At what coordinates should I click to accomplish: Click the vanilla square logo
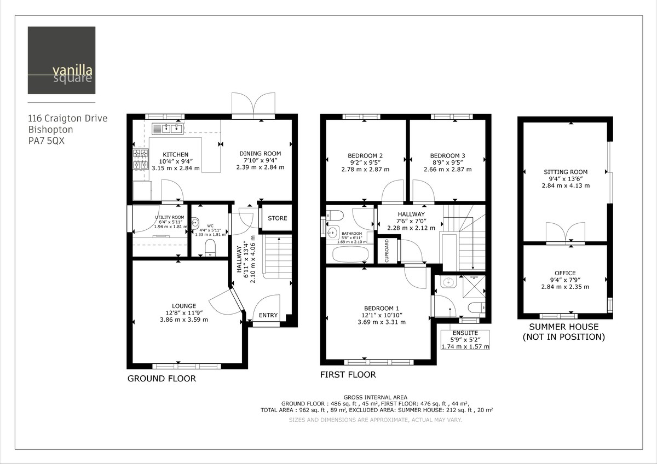point(61,60)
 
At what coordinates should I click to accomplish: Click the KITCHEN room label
point(175,155)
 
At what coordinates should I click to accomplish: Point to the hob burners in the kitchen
point(140,159)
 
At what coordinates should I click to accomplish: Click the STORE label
point(277,218)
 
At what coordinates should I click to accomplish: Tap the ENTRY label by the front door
point(268,315)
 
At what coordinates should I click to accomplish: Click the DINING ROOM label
point(260,154)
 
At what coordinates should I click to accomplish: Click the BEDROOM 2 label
point(365,155)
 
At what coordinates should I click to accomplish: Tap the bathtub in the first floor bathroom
point(350,254)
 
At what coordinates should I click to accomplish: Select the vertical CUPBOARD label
point(387,251)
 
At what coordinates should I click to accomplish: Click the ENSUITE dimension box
point(465,339)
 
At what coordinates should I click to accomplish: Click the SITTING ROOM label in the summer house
point(565,172)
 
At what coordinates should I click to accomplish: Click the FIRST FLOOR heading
point(348,375)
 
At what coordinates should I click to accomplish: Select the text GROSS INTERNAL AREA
point(375,397)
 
